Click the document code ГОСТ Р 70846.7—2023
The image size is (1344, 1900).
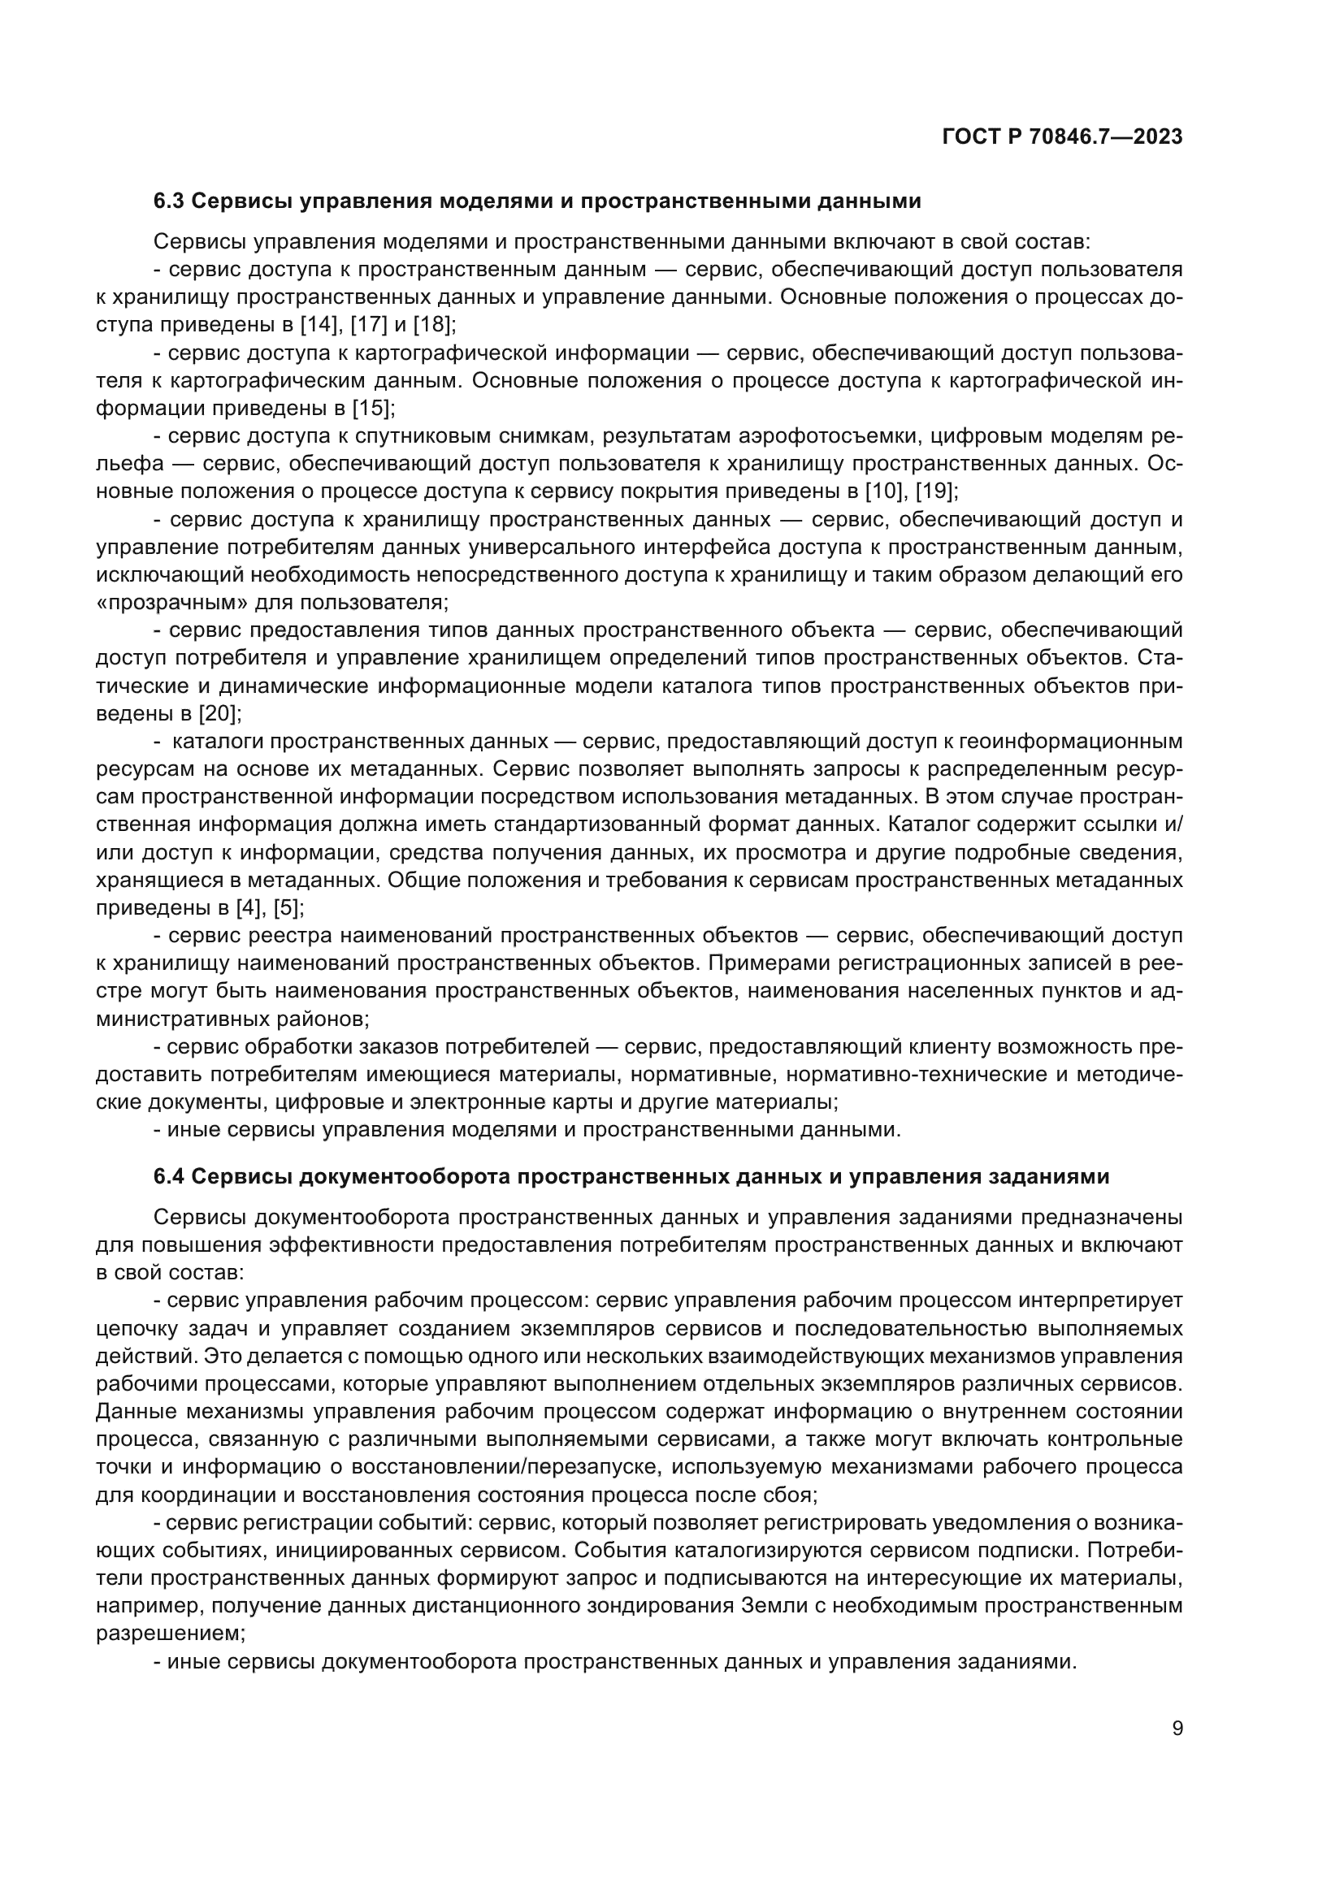coord(1063,137)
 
